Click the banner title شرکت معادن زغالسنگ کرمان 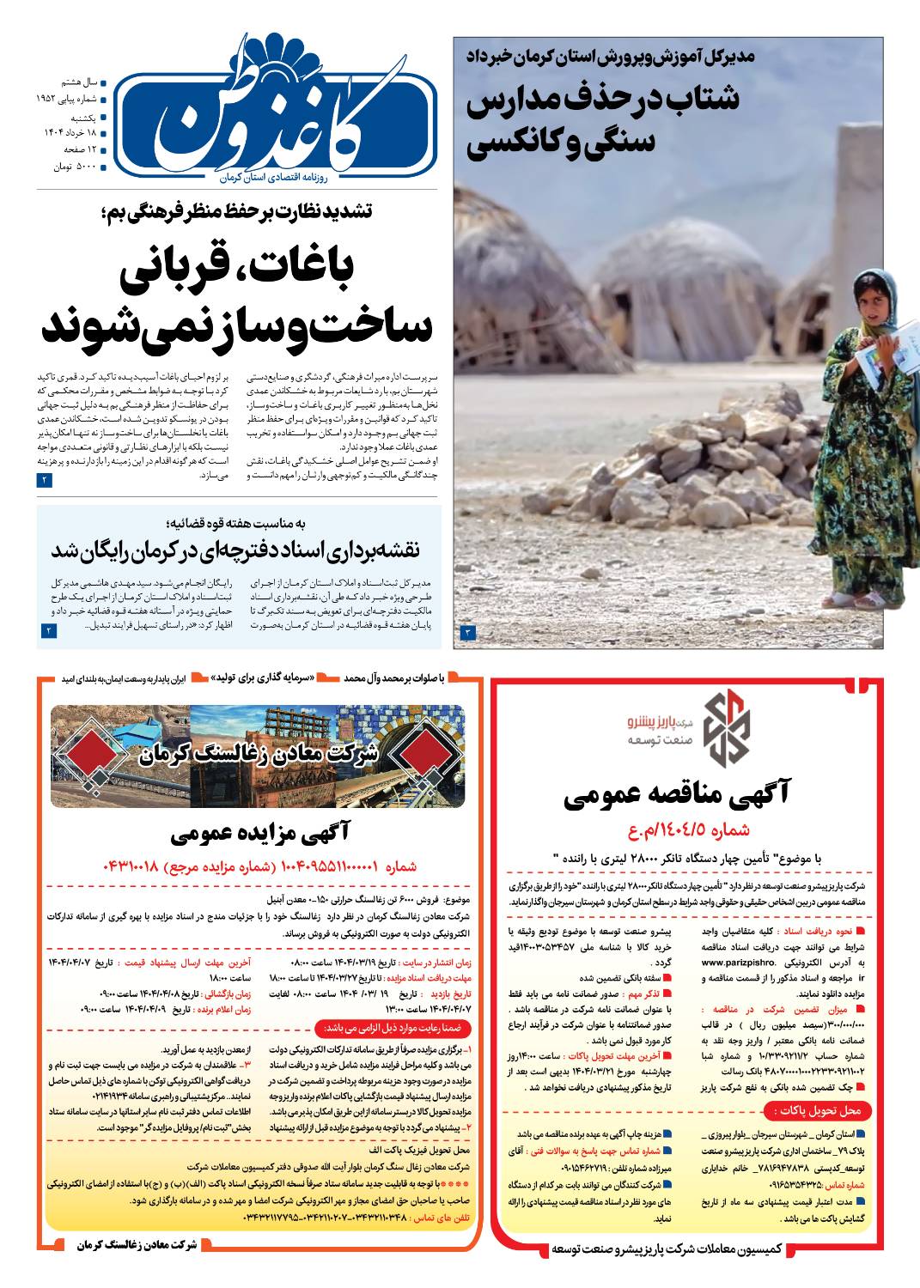[258, 755]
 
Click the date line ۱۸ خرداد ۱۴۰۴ [73, 132]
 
